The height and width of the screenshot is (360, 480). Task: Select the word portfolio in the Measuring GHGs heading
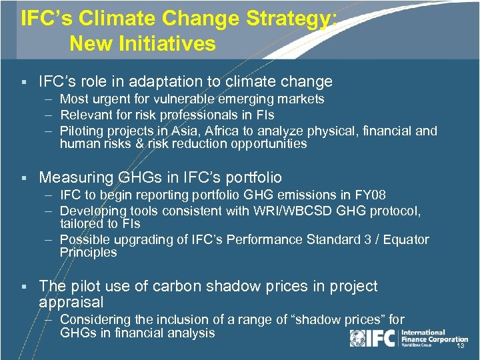(249, 178)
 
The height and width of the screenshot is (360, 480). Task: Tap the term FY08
(370, 195)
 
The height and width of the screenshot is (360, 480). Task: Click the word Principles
(88, 253)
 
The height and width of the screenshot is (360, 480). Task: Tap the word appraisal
(71, 302)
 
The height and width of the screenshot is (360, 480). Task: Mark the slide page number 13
(459, 347)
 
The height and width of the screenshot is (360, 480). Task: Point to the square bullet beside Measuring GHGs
(23, 178)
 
